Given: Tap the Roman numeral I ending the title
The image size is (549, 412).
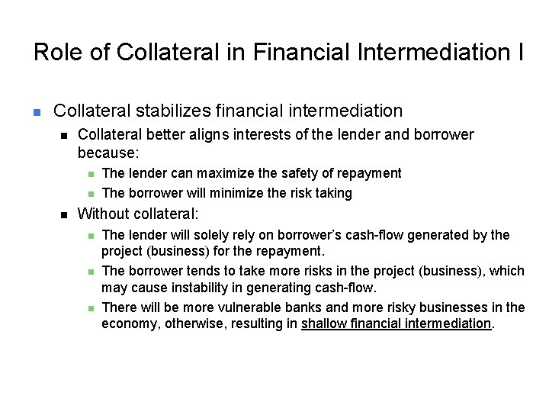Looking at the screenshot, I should tap(520, 52).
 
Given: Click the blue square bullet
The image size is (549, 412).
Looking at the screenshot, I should tap(36, 112).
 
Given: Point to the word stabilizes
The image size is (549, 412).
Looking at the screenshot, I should tap(173, 111).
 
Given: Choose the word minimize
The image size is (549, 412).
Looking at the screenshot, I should tap(210, 193).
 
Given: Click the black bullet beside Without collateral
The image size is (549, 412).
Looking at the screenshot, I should tap(65, 214).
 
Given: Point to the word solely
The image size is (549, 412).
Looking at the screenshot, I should tap(199, 235).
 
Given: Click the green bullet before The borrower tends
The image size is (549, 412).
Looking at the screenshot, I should tap(88, 272).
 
